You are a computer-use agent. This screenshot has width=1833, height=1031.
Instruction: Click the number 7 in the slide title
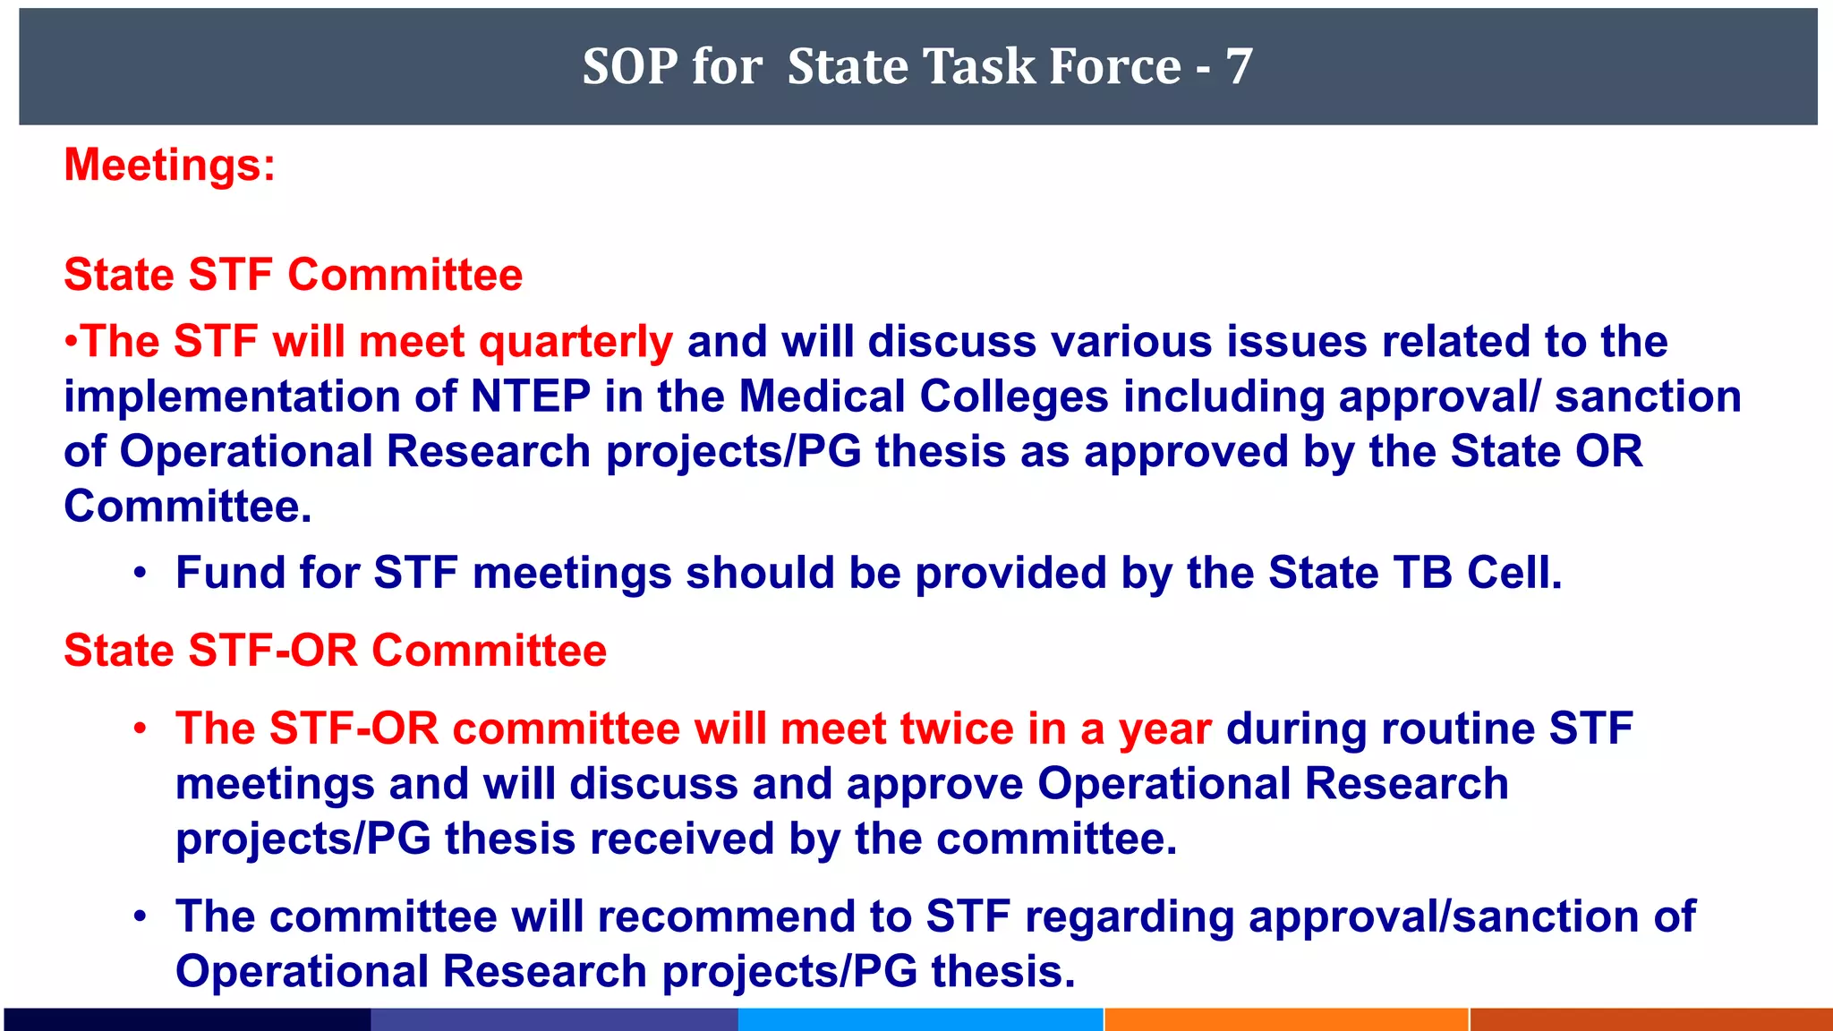(1239, 67)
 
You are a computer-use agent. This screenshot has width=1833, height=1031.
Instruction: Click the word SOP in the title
(628, 67)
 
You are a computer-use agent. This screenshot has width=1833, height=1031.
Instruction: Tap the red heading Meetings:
(170, 166)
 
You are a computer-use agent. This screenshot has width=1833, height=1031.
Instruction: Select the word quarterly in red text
(575, 343)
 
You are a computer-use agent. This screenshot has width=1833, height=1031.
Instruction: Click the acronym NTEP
(531, 396)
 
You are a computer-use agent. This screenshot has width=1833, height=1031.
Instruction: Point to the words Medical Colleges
(924, 396)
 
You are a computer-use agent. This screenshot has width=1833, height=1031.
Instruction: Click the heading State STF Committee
(294, 275)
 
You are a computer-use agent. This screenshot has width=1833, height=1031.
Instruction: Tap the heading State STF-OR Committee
(336, 651)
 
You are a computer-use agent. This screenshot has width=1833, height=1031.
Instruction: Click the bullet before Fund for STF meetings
(140, 573)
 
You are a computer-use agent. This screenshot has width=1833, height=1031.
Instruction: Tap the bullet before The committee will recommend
(140, 916)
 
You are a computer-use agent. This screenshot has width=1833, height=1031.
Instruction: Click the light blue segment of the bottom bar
(920, 1020)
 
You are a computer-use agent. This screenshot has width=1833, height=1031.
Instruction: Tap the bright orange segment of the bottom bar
(1286, 1020)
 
